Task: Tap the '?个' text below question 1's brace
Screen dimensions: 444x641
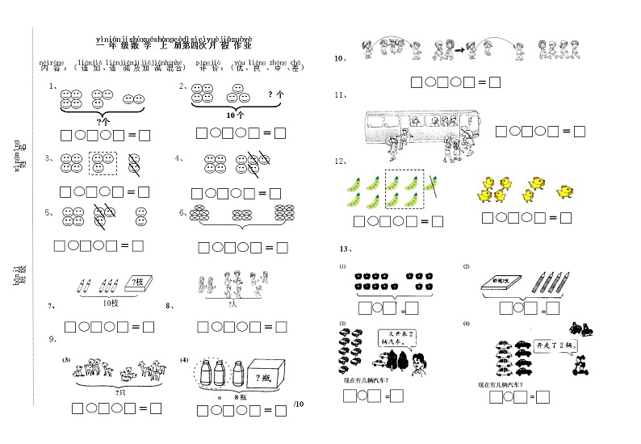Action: (x=103, y=121)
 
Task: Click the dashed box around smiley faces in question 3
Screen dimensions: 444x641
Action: (x=102, y=162)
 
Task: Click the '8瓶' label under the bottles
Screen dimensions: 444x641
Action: (x=238, y=397)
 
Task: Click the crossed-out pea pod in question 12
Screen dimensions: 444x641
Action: (x=431, y=186)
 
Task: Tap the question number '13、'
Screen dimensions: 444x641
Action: (x=346, y=249)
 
